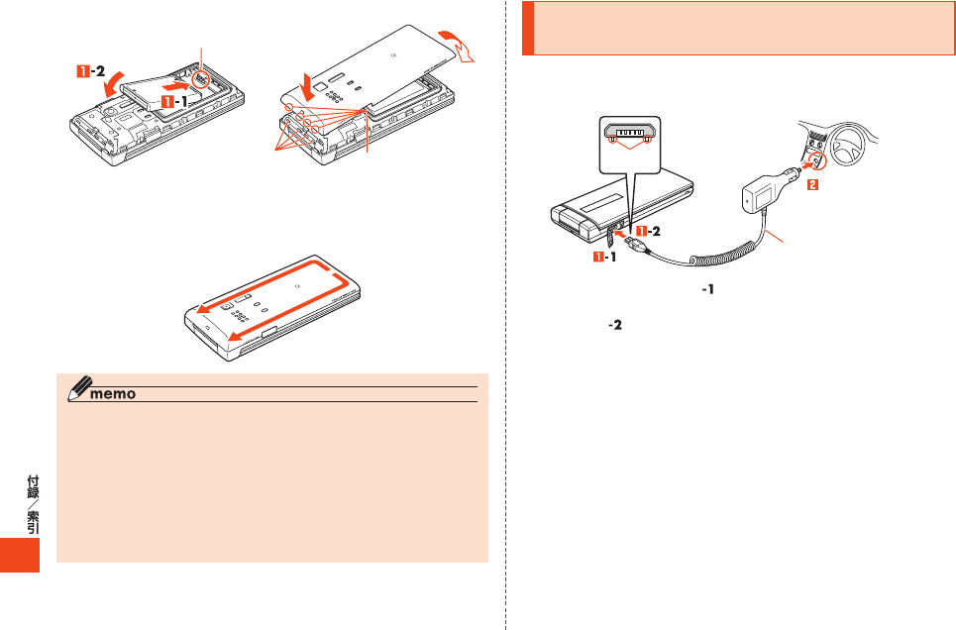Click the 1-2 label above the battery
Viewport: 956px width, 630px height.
click(x=91, y=71)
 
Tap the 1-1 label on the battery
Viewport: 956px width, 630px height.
click(x=173, y=101)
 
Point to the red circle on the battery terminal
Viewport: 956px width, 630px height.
click(x=200, y=79)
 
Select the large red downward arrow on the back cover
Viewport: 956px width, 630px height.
click(x=310, y=85)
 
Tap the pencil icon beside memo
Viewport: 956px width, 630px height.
click(x=79, y=388)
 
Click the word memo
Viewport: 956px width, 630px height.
click(x=113, y=394)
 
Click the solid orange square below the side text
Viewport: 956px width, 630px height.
click(x=20, y=555)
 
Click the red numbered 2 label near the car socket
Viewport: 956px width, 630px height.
click(x=812, y=184)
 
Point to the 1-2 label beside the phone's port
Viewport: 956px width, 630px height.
click(x=648, y=231)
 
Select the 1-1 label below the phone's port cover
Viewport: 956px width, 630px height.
click(x=605, y=257)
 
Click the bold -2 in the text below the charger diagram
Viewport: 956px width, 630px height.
click(x=615, y=325)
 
